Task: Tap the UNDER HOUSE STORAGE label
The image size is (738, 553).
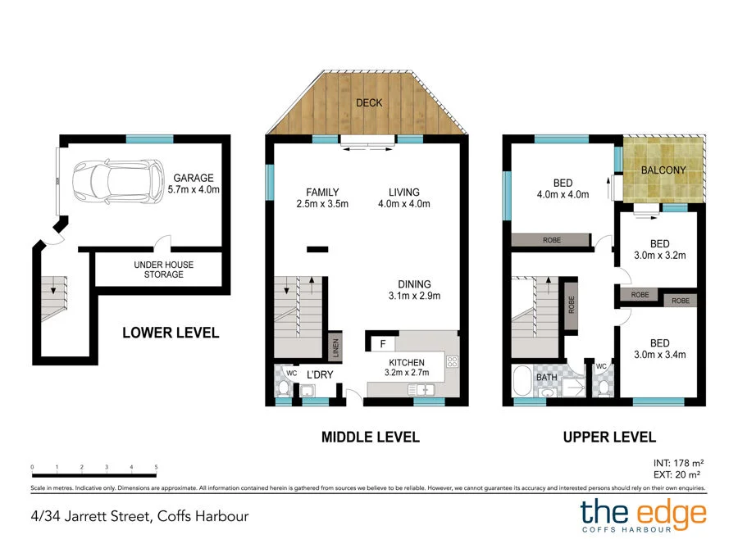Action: click(159, 270)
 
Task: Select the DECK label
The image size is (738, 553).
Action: click(369, 102)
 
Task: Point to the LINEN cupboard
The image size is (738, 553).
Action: click(335, 347)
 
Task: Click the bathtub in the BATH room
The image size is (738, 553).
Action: click(522, 383)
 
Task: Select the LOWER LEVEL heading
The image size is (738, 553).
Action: click(171, 333)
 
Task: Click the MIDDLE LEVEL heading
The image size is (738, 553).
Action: click(370, 437)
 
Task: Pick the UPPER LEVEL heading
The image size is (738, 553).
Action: click(608, 437)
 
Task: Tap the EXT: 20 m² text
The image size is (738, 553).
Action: click(679, 474)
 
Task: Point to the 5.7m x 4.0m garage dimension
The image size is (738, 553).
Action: click(193, 189)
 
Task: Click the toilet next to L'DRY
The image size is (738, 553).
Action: click(285, 386)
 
